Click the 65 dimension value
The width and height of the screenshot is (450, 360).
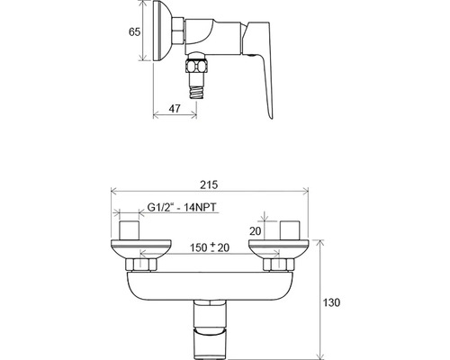pos(135,31)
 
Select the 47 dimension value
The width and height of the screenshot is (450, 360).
pos(175,108)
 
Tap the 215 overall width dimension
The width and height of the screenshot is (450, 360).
pos(209,184)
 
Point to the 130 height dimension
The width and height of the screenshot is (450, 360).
pos(331,302)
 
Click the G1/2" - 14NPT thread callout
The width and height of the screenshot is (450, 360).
pos(182,207)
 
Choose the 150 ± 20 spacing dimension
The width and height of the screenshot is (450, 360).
pos(210,247)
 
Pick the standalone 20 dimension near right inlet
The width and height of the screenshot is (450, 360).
pos(256,231)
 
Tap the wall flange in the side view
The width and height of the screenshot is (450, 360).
pos(162,31)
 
